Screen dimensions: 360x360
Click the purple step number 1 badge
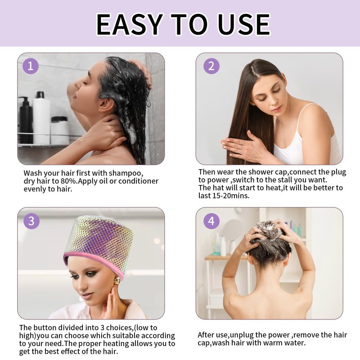31,66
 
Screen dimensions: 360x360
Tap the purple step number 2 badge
211,66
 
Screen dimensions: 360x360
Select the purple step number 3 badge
31,221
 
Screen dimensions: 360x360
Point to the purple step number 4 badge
211,221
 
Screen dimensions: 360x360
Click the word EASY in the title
130,25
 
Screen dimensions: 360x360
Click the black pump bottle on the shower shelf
26,120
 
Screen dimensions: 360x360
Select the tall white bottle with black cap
41,117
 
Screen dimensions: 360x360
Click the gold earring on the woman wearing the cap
117,280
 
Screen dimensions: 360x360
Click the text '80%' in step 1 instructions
68,181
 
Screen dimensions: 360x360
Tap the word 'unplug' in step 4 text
241,335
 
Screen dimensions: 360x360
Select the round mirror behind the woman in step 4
232,229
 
